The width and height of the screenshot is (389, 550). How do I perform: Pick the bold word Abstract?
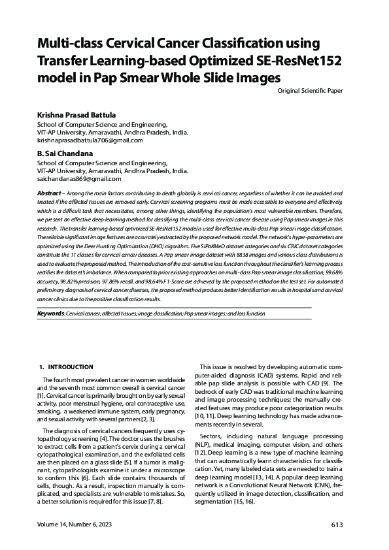coord(48,195)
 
